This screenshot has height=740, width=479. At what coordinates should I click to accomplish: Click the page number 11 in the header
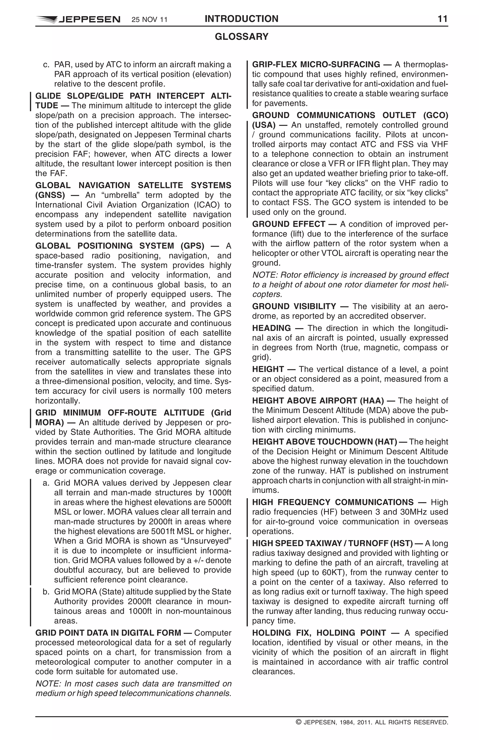[x=442, y=19]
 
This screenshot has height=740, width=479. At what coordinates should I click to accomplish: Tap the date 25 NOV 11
[x=149, y=20]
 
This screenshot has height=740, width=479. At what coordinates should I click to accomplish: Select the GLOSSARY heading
[x=242, y=37]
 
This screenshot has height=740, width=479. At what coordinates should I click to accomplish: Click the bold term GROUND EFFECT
[x=288, y=224]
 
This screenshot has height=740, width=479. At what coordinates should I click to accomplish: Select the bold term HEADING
[x=271, y=328]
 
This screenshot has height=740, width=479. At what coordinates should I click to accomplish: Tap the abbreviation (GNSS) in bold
[x=50, y=195]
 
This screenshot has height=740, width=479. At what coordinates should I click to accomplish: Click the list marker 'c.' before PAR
[x=46, y=65]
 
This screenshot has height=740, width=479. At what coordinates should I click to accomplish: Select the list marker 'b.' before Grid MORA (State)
[x=46, y=592]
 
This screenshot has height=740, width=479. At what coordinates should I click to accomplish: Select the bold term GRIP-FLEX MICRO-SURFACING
[x=316, y=65]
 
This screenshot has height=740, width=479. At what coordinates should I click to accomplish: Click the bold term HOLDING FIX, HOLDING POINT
[x=319, y=633]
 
